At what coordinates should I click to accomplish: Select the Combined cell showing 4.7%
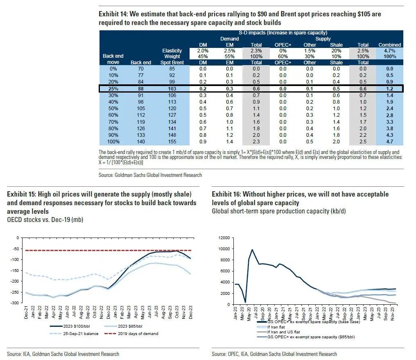389,50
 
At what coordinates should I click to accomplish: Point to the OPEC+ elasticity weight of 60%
283,57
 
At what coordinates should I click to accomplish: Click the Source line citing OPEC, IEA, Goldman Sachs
274,354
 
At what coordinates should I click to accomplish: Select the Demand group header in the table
230,39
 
